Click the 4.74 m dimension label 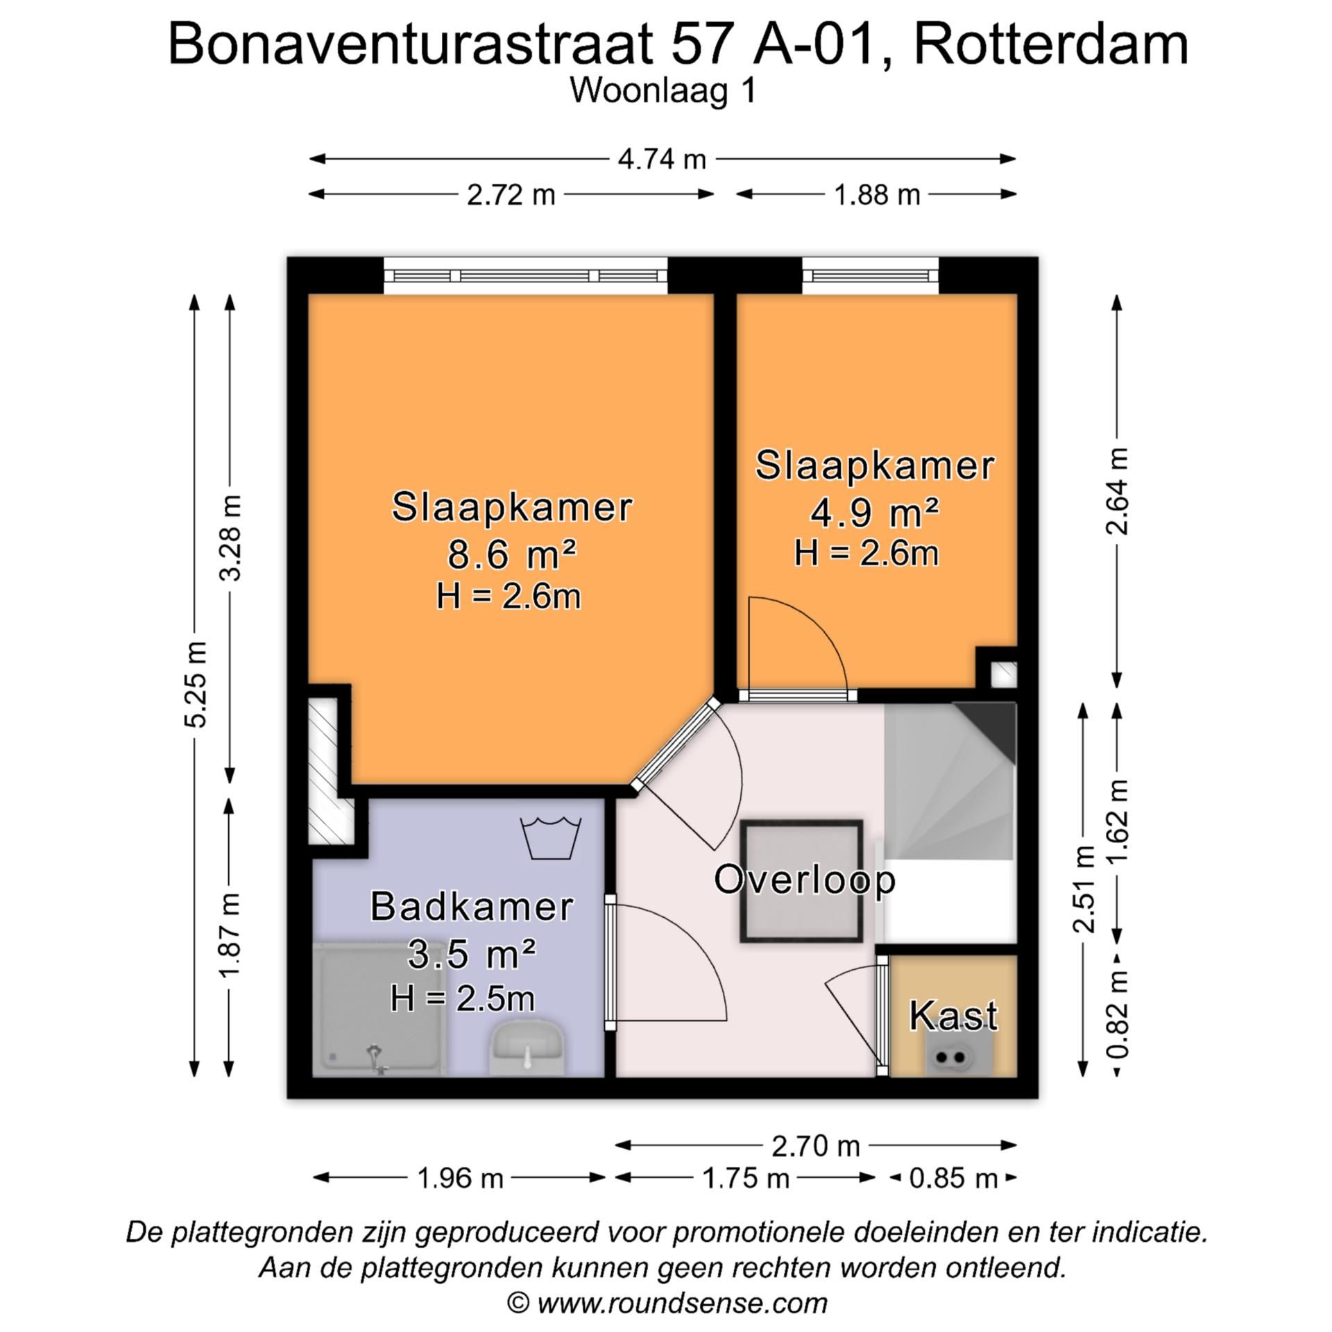[661, 160]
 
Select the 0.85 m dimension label [953, 1178]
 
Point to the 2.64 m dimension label [1117, 490]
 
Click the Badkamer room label [472, 907]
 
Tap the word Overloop [805, 880]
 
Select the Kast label [953, 1016]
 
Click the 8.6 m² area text [511, 554]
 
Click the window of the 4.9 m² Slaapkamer [871, 275]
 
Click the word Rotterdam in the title [1050, 45]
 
